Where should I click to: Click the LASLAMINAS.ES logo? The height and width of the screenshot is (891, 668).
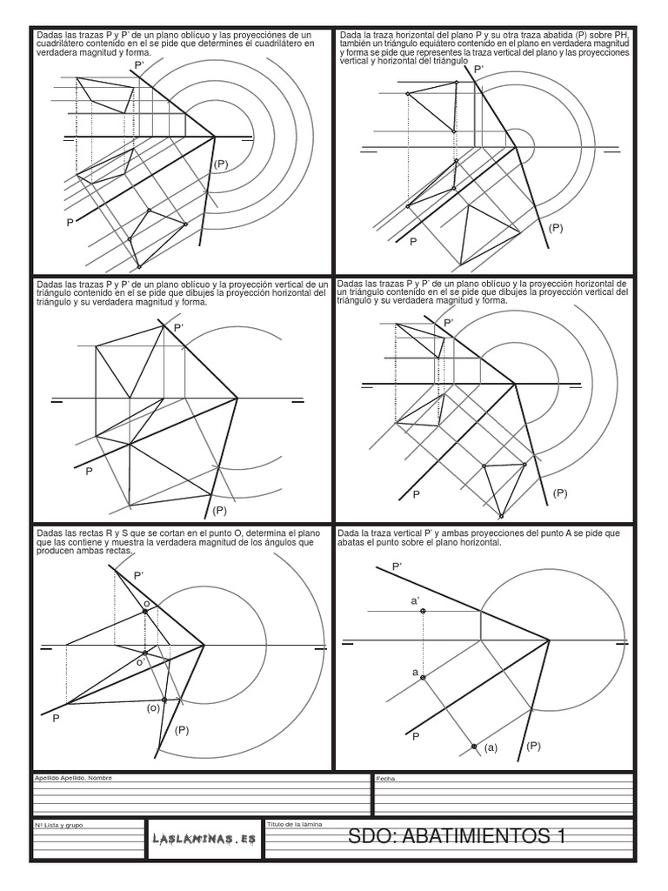tap(203, 839)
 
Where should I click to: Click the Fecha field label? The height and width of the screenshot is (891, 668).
tap(384, 779)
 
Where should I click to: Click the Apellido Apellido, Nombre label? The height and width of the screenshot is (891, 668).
tap(74, 778)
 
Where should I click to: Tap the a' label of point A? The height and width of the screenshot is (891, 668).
tap(415, 600)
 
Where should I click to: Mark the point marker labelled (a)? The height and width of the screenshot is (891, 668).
tap(474, 747)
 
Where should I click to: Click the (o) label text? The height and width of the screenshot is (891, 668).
tap(152, 708)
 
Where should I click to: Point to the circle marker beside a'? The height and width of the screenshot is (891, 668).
tap(423, 612)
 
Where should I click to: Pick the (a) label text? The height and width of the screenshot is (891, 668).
tap(491, 747)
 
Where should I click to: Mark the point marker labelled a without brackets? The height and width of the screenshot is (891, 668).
tap(423, 678)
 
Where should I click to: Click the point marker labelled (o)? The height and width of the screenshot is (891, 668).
tap(164, 700)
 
